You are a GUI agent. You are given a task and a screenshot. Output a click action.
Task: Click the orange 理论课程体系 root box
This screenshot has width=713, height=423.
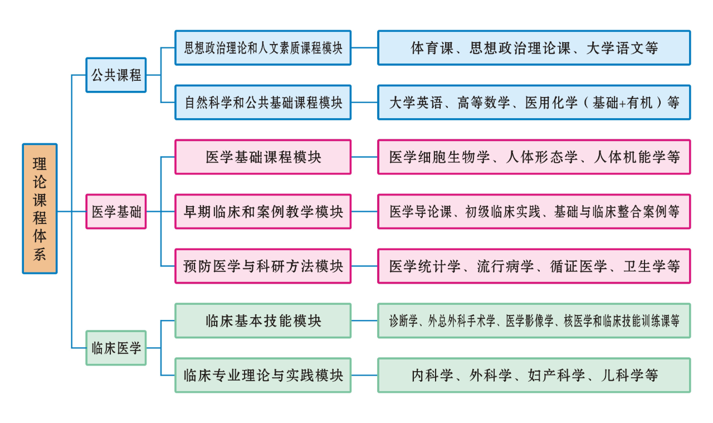point(40,208)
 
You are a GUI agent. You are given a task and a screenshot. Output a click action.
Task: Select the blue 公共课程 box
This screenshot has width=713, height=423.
point(116,75)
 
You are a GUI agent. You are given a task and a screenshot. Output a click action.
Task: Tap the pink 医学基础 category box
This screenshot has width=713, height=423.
point(116,212)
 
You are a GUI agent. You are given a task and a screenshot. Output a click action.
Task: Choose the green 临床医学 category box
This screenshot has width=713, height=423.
point(116,348)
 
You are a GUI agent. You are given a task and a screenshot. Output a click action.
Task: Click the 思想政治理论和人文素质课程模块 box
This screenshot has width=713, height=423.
point(263,48)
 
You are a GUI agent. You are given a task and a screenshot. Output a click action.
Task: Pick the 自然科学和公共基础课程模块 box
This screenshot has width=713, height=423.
point(263,103)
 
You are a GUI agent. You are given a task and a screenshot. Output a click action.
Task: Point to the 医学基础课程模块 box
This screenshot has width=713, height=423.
point(263,157)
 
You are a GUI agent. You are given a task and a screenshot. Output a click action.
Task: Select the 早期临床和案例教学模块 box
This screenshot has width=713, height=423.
point(263,212)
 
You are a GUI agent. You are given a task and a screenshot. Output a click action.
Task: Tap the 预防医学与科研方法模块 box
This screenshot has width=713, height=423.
point(263,266)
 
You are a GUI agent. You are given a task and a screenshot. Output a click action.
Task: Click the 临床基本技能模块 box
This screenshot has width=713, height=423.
point(263,321)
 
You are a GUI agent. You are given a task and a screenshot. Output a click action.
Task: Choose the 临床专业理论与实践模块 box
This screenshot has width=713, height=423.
point(263,376)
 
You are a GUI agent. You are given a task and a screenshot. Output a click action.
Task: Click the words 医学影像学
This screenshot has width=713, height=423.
point(529,321)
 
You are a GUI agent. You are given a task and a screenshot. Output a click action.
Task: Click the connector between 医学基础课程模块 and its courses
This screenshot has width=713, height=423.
point(364,157)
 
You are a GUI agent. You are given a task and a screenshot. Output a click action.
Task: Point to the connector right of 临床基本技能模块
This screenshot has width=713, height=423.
point(364,321)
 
